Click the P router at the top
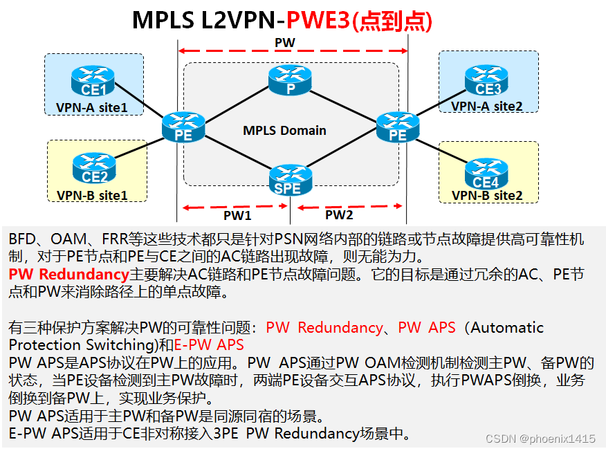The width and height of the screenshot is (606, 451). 291,82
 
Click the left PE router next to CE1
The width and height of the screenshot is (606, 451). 183,127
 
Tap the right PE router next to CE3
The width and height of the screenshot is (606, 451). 398,127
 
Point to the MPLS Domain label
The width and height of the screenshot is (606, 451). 284,130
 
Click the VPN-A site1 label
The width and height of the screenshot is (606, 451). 92,107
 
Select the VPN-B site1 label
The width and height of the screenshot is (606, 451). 92,195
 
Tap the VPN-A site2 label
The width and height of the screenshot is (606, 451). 487,106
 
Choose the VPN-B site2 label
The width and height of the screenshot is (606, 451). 487,195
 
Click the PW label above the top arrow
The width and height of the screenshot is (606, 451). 285,43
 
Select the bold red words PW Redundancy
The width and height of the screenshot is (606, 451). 69,274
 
